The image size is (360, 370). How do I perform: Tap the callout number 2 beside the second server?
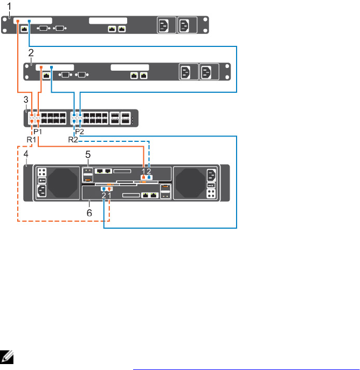31,52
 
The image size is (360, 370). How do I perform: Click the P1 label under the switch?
38,132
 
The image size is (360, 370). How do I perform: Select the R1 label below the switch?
32,139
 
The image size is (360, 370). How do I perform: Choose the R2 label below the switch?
73,139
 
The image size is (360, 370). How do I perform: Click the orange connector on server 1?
18,22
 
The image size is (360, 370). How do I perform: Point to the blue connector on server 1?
29,22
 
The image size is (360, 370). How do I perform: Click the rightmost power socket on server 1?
184,26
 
